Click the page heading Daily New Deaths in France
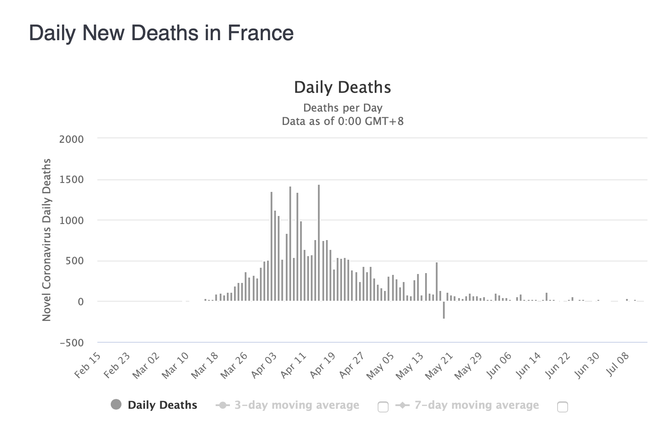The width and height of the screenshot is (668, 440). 161,33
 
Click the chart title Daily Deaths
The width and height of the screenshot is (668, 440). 342,87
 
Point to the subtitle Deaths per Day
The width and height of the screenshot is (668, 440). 342,108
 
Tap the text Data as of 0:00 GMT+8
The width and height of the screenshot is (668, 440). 342,121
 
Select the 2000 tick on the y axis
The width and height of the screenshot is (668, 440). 71,139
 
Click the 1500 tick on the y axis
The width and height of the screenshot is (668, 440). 71,180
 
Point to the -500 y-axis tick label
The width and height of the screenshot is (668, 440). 71,343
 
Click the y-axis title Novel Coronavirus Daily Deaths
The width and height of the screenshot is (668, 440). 46,240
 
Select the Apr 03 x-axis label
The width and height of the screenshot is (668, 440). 264,365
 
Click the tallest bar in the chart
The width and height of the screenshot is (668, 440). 319,243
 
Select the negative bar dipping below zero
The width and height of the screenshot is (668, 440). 444,310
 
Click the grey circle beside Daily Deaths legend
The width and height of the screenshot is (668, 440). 116,405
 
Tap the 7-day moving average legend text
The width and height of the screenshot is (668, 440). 476,405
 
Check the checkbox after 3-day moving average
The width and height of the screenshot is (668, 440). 383,407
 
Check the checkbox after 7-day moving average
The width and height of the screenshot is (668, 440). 563,407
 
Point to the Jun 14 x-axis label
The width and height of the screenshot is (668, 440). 529,365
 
